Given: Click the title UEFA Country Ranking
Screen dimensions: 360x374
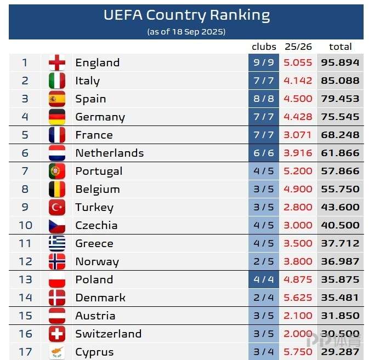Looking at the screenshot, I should (186, 15).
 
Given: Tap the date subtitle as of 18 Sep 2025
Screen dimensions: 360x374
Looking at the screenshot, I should (186, 32).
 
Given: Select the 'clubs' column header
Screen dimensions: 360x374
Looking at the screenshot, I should (264, 47).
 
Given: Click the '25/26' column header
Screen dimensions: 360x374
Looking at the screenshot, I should (298, 47).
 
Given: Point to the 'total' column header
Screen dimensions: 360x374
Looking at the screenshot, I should (340, 47).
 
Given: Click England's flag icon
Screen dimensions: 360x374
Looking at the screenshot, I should (57, 62).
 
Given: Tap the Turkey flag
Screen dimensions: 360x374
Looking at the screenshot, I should (57, 207).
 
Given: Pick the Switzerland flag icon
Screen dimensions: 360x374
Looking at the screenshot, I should (57, 334).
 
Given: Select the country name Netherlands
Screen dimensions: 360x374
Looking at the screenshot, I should (109, 153).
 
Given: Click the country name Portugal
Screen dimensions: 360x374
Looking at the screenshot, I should (99, 171).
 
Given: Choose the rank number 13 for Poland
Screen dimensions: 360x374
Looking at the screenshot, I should (25, 279).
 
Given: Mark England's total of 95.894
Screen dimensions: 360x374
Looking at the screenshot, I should (340, 62).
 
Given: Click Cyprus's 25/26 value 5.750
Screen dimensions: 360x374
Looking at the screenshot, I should (298, 352).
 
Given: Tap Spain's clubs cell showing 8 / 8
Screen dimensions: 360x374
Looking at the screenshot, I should (264, 99).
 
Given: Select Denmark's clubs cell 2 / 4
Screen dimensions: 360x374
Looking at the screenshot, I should (264, 298).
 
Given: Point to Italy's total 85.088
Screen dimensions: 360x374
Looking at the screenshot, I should (340, 81).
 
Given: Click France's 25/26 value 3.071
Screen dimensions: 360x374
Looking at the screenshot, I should (298, 135).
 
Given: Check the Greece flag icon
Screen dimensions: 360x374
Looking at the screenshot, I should (57, 243).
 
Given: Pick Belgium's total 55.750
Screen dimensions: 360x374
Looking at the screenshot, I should (340, 189).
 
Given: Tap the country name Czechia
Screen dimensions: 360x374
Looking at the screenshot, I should (96, 225).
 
